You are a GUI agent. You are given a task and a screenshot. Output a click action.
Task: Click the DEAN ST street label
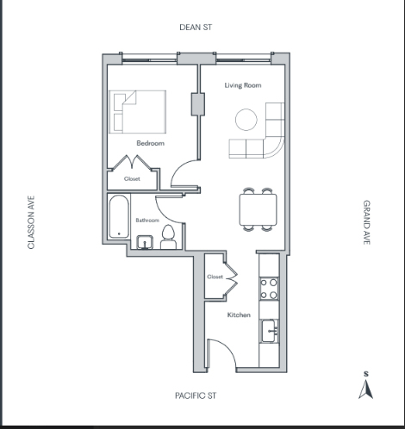coord(196,28)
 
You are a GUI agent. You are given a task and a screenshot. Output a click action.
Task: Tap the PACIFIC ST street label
coord(196,395)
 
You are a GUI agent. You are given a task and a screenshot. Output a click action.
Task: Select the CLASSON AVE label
coord(31,222)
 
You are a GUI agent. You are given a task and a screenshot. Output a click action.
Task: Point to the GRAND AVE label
coord(367,222)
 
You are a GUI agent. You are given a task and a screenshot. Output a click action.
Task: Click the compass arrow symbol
coord(365,389)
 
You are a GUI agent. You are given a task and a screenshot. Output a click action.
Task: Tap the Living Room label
coord(243,85)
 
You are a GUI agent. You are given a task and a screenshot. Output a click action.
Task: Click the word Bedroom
coord(151,143)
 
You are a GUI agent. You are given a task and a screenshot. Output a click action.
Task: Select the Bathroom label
coord(147,221)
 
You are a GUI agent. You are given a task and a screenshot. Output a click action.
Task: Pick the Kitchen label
coord(239,315)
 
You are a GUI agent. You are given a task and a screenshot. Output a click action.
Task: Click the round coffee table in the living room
coord(246,120)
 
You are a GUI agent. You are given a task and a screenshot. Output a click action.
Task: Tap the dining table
coord(259,209)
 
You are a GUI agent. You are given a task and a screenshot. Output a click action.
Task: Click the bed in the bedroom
coord(138,112)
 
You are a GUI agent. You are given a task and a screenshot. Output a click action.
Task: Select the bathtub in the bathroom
coord(119,217)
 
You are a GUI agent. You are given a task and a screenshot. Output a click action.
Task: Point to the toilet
coord(168,237)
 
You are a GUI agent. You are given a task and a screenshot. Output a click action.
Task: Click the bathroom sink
coord(145,242)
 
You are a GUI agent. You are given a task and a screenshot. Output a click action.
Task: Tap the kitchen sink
coord(269,331)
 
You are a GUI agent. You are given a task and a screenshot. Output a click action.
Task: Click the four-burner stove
coord(269,289)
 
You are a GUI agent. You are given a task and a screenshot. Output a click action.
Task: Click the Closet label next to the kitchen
coord(215,277)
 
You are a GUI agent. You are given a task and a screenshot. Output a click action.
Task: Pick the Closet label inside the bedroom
coord(132,179)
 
